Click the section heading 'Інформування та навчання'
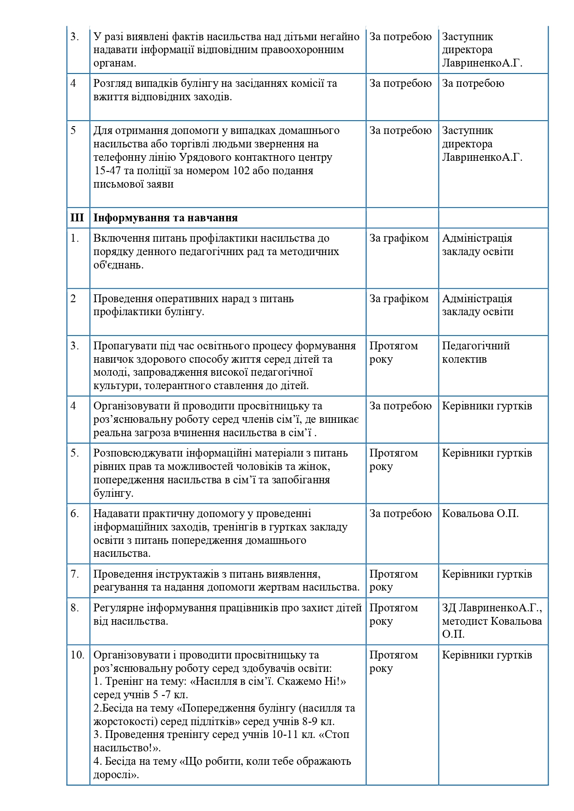coord(166,218)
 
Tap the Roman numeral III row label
coord(77,218)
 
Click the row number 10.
coord(77,655)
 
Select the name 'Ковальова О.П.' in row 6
coord(480,513)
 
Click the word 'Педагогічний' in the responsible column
coord(476,346)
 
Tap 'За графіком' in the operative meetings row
coord(399,299)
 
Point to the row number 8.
coord(75,608)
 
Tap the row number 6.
coord(75,513)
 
